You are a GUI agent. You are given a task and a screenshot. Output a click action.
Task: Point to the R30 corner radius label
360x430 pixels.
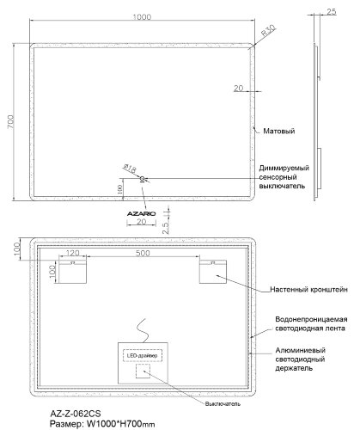click(x=267, y=36)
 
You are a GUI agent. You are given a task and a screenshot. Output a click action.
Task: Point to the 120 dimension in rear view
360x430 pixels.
click(x=72, y=255)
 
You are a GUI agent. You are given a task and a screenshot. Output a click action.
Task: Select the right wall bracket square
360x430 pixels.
click(x=211, y=273)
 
